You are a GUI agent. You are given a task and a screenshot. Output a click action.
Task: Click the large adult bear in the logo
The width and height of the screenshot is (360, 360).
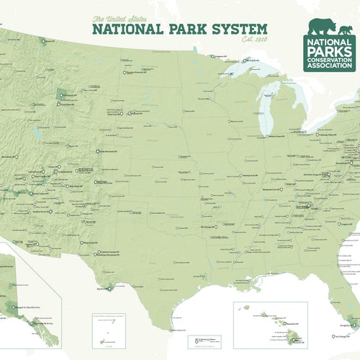click(x=322, y=27)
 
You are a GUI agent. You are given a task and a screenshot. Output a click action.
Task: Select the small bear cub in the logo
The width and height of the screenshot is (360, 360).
click(x=346, y=31)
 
